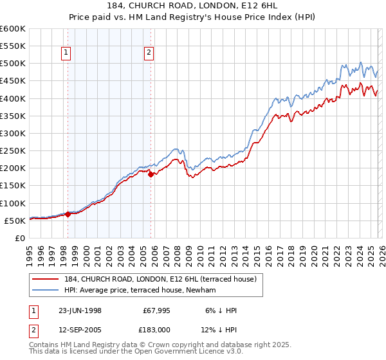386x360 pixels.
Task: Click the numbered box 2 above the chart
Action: [x=149, y=53]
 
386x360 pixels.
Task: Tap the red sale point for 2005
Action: [x=151, y=174]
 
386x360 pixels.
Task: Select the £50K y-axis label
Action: [x=15, y=221]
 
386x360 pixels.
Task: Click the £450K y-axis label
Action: [x=13, y=82]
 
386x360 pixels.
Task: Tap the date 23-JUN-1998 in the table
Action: [x=80, y=310]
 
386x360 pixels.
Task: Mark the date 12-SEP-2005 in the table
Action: [x=80, y=330]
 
